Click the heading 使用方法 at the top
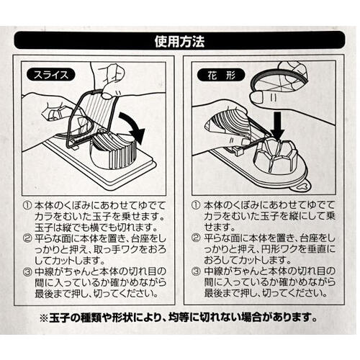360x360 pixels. pos(179,41)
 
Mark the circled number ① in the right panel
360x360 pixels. pos(196,206)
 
